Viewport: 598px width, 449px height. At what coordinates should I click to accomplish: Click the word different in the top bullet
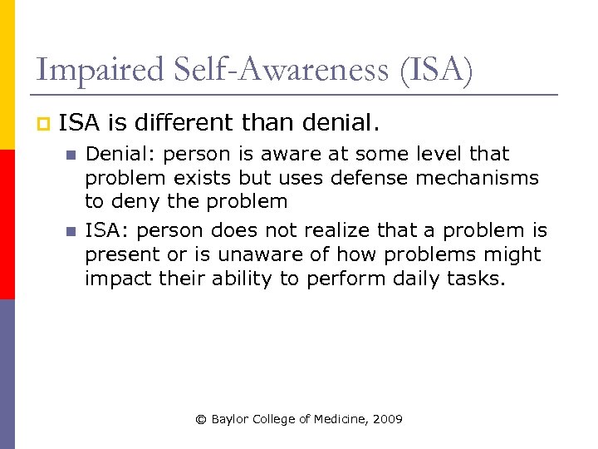coord(184,124)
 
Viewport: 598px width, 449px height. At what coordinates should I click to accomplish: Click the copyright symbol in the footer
coord(200,419)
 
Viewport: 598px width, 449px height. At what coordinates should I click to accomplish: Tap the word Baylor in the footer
coord(228,419)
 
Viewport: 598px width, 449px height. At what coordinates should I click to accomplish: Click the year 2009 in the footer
coord(388,419)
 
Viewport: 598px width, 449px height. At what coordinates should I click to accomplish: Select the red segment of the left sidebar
coord(7,224)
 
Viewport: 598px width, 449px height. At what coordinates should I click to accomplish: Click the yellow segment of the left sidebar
coord(7,75)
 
